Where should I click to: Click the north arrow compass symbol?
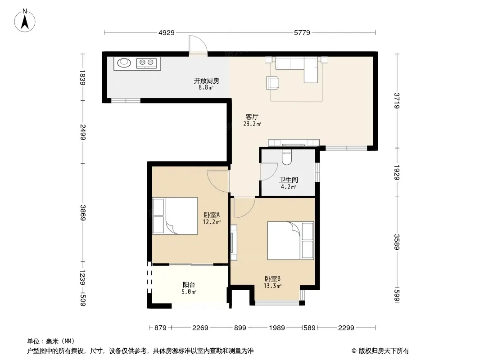point(25,21)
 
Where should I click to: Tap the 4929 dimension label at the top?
point(167,32)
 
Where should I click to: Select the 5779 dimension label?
point(302,32)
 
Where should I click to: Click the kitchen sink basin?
point(124,63)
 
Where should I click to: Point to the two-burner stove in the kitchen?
point(146,63)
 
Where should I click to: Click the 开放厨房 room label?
point(207,81)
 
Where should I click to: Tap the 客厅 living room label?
point(252,117)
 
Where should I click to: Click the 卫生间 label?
point(288,180)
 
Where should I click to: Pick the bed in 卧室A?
point(175,216)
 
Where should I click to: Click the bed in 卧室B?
point(290,240)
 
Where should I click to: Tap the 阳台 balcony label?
point(189,285)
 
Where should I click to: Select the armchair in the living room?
point(273,83)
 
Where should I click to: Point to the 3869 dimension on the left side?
point(83,212)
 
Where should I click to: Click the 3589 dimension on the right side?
point(397,242)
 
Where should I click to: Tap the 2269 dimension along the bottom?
point(200,328)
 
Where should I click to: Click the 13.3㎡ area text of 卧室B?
point(272,286)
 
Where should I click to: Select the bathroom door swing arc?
point(269,171)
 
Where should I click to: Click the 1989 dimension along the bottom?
point(277,328)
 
